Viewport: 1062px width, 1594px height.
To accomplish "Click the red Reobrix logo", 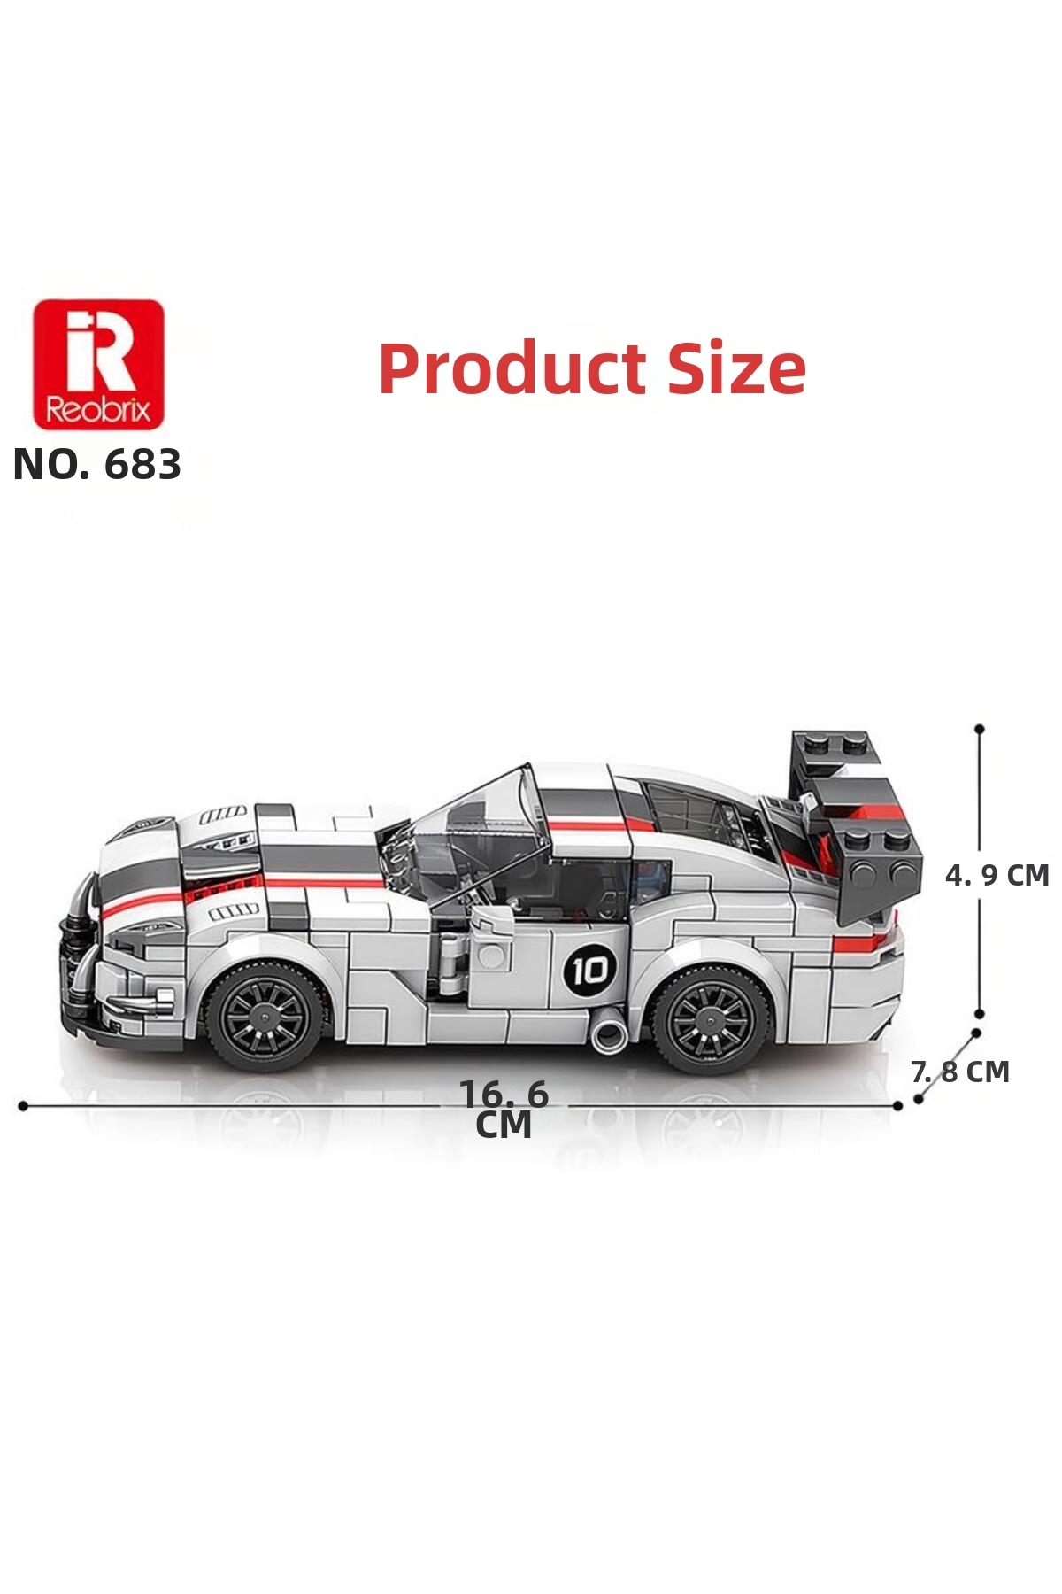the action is tap(98, 364).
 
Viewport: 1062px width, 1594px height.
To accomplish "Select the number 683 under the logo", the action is tap(142, 465).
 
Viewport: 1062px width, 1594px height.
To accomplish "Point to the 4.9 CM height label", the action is tap(997, 875).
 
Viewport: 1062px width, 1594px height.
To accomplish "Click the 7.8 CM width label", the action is tap(960, 1072).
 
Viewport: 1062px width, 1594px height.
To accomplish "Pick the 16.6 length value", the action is tap(504, 1095).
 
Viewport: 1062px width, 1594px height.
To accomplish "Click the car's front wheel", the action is tap(264, 1015).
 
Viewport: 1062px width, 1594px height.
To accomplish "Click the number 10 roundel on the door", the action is tap(589, 971).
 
